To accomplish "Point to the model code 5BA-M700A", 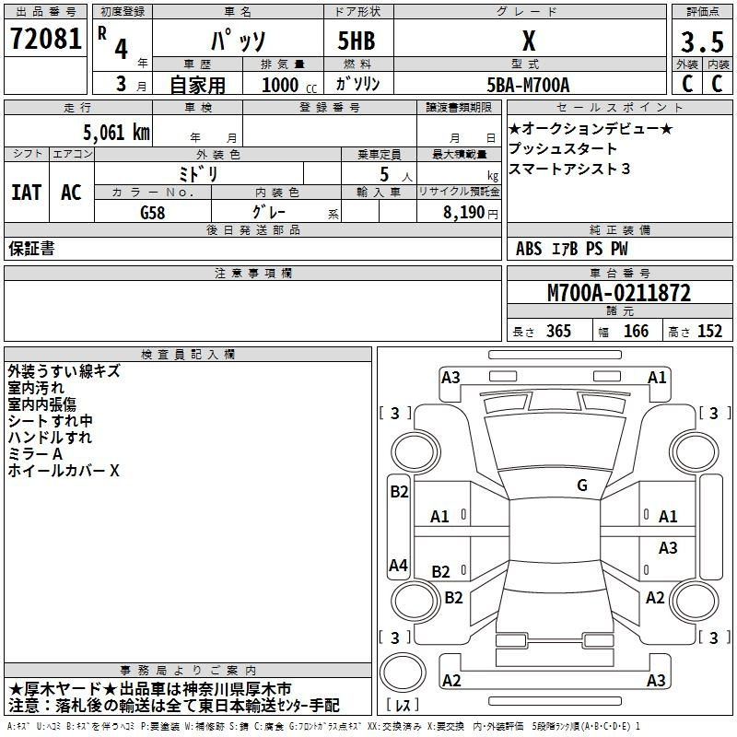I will tap(528, 85).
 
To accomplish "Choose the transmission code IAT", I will tap(27, 192).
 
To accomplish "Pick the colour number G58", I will tap(154, 211).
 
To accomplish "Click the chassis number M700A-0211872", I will tap(619, 293).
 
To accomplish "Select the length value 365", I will tap(556, 332).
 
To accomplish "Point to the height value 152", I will tap(708, 332).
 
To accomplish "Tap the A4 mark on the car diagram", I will tap(398, 566).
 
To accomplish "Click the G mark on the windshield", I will tap(582, 485).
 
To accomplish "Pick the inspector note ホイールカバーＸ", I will tap(64, 471).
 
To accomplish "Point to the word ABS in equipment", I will tap(529, 249).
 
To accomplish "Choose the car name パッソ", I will tap(237, 41).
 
